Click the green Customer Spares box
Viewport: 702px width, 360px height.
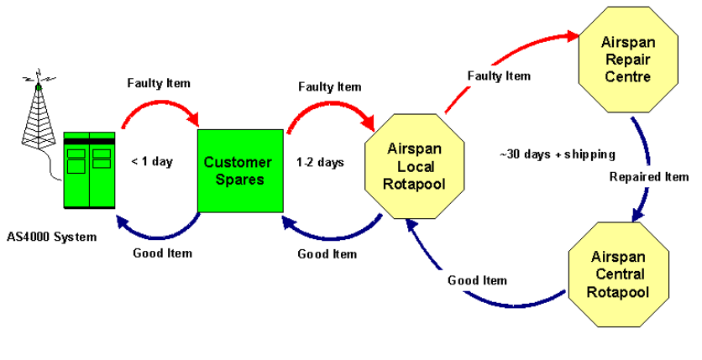pos(239,170)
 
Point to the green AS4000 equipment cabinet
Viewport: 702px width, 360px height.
pos(89,170)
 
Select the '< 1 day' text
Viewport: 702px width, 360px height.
pos(152,162)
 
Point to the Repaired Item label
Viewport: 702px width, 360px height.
pos(649,177)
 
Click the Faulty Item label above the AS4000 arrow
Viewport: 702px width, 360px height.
pos(159,83)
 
